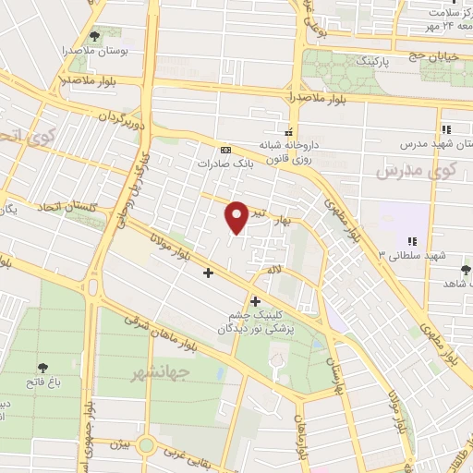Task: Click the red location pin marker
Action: pos(236,216)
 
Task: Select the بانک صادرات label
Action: pos(224,164)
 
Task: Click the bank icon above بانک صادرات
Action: pos(225,150)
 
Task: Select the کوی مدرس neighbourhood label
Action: pos(406,171)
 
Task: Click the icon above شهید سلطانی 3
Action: pos(412,241)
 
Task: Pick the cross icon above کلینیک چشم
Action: pos(255,301)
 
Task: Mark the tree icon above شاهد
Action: pos(464,270)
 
